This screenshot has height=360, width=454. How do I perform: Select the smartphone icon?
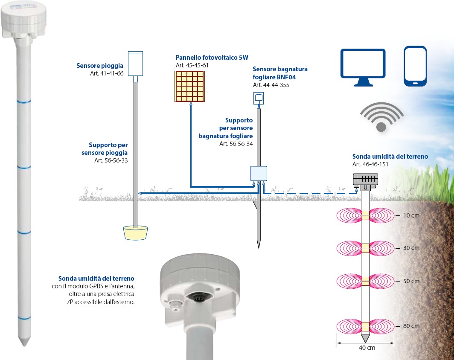coord(415,66)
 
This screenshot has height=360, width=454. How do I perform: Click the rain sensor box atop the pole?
coord(135,64)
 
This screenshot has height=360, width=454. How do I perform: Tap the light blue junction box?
coord(259,174)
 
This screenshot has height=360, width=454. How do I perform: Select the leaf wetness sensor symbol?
coord(258,98)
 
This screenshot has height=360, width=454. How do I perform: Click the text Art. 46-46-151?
coord(370,164)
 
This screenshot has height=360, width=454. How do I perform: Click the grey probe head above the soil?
coord(366,179)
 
